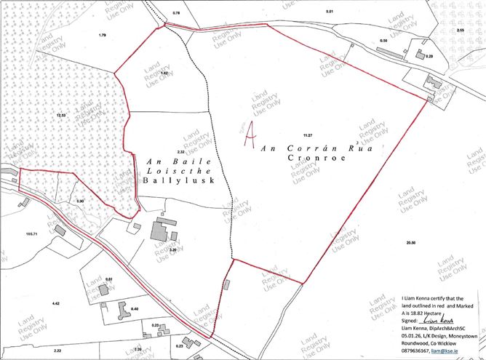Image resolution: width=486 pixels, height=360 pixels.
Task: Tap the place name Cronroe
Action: point(309,156)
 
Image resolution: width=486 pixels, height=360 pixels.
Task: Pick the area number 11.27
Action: point(308,135)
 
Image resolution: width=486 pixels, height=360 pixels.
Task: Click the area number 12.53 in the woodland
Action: point(60,116)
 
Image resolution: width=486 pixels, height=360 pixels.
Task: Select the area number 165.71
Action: point(31,233)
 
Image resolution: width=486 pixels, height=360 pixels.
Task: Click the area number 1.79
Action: point(102,36)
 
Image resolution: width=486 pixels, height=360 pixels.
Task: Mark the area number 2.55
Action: point(460,31)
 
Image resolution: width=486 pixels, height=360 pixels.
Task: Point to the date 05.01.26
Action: point(414,334)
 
